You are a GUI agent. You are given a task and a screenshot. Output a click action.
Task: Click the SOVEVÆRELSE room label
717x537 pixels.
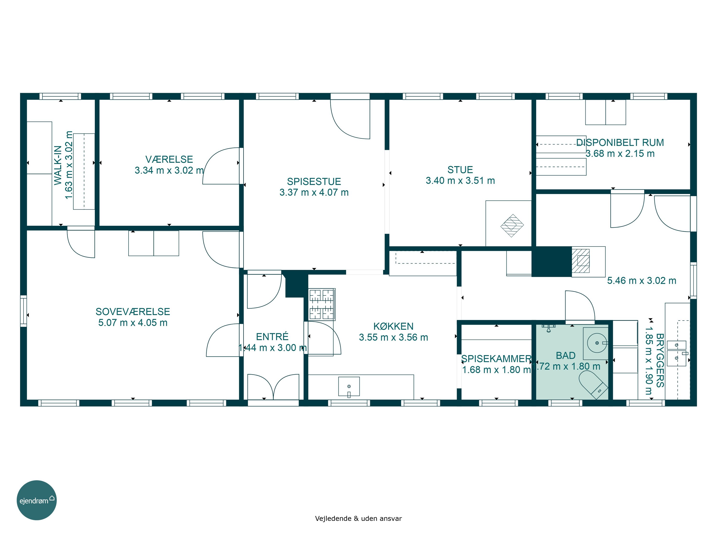coord(133,311)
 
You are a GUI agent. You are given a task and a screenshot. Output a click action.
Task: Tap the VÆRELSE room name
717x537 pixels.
coord(169,159)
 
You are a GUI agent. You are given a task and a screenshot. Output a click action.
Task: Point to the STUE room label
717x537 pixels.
coord(460,170)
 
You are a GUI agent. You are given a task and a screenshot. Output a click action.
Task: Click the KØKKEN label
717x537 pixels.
coord(393,326)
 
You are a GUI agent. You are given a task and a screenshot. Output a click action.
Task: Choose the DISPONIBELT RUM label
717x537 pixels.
coord(620,142)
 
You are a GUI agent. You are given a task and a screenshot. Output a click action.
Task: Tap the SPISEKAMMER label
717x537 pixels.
coord(496,359)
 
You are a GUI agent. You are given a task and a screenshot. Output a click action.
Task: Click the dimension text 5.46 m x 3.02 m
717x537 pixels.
coord(641,280)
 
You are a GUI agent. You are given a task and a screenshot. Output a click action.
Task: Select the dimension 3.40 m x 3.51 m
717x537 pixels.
coord(460,181)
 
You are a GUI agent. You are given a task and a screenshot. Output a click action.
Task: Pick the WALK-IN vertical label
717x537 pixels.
coord(58,165)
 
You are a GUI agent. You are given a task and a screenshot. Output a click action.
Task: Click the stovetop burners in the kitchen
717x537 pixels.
coord(321,304)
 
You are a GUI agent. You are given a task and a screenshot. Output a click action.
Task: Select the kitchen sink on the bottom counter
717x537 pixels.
coord(349,386)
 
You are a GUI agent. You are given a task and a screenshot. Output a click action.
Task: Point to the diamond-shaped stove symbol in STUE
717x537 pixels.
coord(512,226)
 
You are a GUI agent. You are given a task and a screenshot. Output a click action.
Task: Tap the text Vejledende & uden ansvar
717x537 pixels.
coord(358,518)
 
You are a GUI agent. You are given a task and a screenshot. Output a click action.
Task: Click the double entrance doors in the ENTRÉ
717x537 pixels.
coord(273,387)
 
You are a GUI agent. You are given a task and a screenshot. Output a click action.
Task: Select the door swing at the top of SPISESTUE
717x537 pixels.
coord(350,119)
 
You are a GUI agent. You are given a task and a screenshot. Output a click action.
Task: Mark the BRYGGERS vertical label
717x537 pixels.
coord(660,360)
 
